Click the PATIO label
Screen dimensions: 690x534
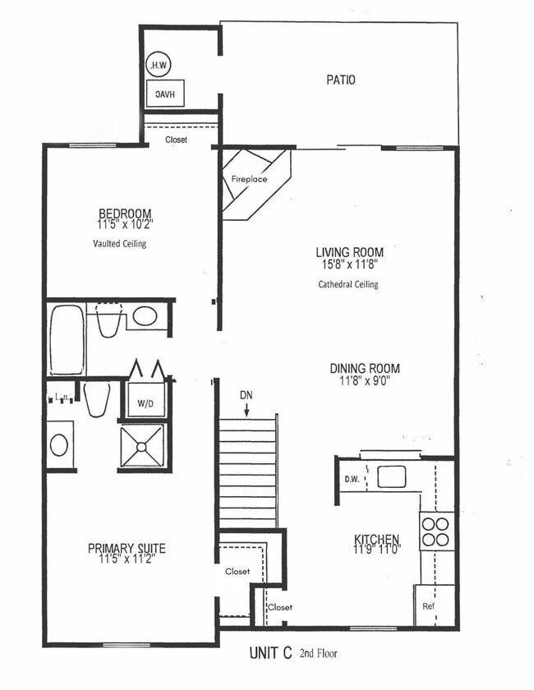pos(340,80)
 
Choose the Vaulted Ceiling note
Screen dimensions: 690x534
pos(119,244)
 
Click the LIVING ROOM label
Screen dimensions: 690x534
pos(349,252)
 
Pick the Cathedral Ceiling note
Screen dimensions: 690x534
pos(348,284)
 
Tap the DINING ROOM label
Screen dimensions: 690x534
pos(365,369)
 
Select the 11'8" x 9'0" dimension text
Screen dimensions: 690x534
pos(365,381)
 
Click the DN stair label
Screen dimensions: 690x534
pos(246,395)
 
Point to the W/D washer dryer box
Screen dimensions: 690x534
pos(144,403)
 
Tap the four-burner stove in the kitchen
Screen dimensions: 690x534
pos(435,531)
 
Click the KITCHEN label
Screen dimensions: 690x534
pos(376,540)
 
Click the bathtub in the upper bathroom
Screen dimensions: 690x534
pos(67,339)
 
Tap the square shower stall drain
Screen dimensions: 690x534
pos(142,446)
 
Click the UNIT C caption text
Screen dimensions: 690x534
pos(270,655)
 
